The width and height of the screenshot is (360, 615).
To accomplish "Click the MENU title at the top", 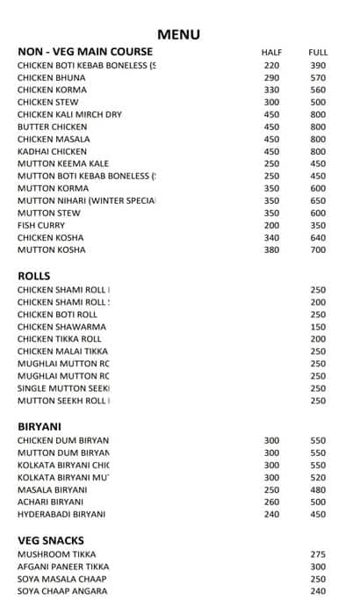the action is click(179, 35).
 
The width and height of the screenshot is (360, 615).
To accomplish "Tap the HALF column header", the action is click(271, 53).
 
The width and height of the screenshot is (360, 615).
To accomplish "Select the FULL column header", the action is click(318, 53).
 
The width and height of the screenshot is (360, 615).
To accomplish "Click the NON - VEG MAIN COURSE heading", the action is click(85, 52).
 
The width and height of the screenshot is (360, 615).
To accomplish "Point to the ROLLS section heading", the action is click(34, 276).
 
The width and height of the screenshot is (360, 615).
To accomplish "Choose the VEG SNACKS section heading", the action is click(51, 540).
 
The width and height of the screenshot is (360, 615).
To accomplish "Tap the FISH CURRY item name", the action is click(41, 226).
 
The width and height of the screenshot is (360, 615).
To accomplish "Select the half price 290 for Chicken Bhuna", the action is click(271, 78).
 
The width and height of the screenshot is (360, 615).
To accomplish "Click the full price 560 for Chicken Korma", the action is click(318, 90).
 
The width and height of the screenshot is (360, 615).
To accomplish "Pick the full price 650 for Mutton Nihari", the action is click(318, 201).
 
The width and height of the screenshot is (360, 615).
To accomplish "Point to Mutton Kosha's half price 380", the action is click(271, 250).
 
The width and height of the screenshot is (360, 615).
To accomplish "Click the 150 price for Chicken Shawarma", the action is click(318, 327).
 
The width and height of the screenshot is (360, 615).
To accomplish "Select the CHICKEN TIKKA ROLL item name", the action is click(60, 339).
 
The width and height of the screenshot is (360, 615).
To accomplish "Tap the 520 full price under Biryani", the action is click(318, 478).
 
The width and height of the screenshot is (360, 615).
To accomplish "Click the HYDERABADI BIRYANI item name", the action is click(61, 515).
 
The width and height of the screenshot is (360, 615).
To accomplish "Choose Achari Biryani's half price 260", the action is click(271, 503).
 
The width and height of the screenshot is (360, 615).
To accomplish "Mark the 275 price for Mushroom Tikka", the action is click(318, 554).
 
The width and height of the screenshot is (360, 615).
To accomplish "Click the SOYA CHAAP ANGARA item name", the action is click(62, 591).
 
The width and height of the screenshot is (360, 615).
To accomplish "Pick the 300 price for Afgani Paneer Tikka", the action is click(318, 567).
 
